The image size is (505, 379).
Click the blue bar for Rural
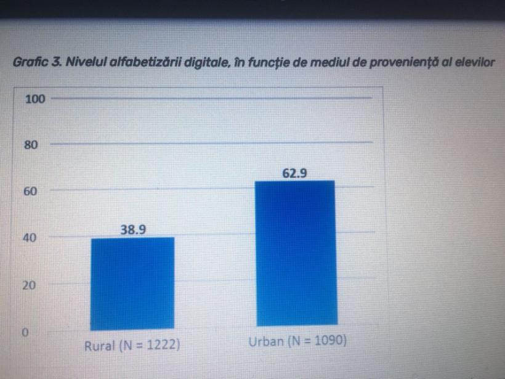coord(132,283)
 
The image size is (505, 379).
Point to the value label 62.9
coord(295,173)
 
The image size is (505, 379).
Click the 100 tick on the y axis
coord(35,99)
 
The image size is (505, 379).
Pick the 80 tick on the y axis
coord(31,145)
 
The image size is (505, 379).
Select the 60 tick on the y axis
coord(31,192)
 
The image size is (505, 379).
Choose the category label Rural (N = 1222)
coord(132,346)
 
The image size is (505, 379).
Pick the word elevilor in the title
coord(474,62)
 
